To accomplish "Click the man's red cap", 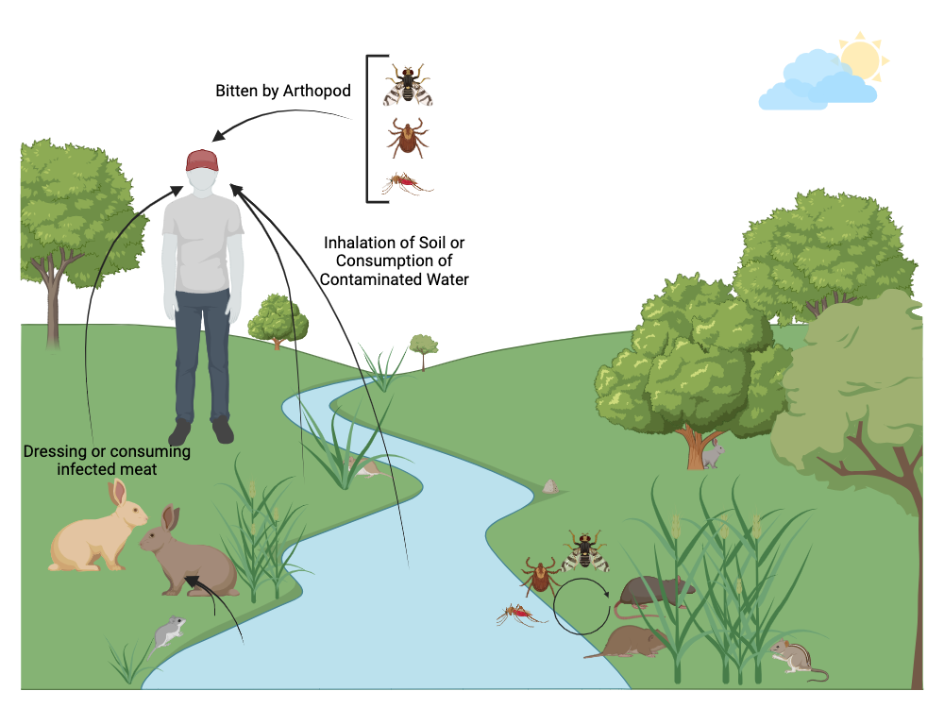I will pyautogui.click(x=202, y=160).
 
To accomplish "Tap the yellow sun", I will pyautogui.click(x=861, y=59).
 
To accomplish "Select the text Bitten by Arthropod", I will pyautogui.click(x=283, y=92).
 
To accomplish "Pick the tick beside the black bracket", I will pyautogui.click(x=407, y=138).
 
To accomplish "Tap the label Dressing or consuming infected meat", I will pyautogui.click(x=107, y=460).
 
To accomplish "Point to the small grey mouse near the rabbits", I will pyautogui.click(x=168, y=632).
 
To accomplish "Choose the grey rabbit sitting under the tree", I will pyautogui.click(x=712, y=454).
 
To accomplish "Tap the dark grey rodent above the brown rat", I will pyautogui.click(x=655, y=592).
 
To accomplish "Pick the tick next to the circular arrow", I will pyautogui.click(x=540, y=575).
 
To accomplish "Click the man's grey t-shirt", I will pyautogui.click(x=202, y=244).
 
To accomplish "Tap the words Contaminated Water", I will pyautogui.click(x=395, y=279).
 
